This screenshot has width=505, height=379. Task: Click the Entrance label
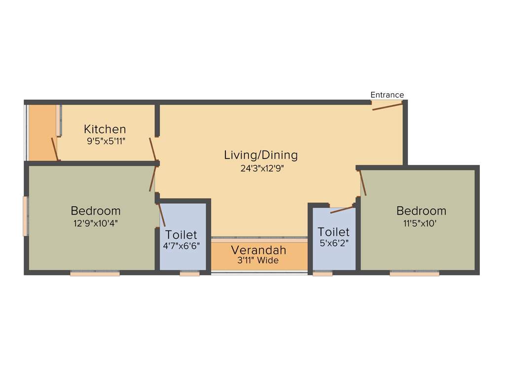(x=387, y=95)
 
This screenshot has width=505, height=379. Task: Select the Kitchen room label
(x=105, y=129)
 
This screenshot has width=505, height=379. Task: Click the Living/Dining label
(x=261, y=155)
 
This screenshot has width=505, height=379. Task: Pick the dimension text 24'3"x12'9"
(x=262, y=168)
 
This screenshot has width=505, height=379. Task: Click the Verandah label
(x=258, y=250)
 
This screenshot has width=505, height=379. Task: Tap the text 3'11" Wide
(x=257, y=260)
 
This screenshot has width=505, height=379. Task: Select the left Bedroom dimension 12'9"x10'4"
(x=95, y=223)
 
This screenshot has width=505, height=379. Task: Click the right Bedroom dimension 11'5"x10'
(x=421, y=223)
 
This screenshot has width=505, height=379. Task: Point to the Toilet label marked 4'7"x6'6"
(x=181, y=234)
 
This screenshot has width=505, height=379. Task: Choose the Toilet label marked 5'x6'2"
(x=333, y=232)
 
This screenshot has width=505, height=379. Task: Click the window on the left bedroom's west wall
(x=25, y=216)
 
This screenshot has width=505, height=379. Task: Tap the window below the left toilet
(x=189, y=273)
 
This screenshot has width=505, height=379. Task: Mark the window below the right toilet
(x=323, y=273)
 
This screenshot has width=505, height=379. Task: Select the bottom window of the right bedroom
(x=414, y=273)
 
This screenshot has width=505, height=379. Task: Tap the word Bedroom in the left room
(x=95, y=211)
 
